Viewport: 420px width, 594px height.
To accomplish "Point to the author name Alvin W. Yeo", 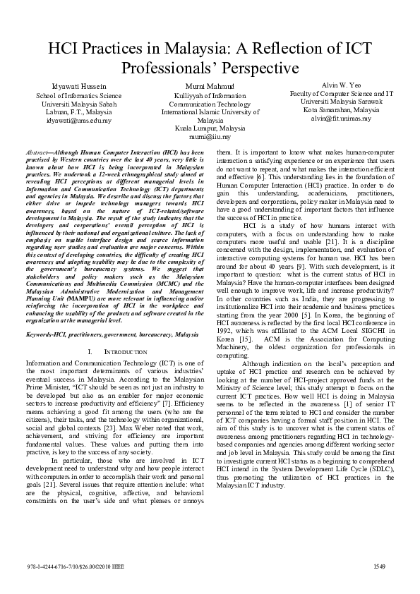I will [x=341, y=84].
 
